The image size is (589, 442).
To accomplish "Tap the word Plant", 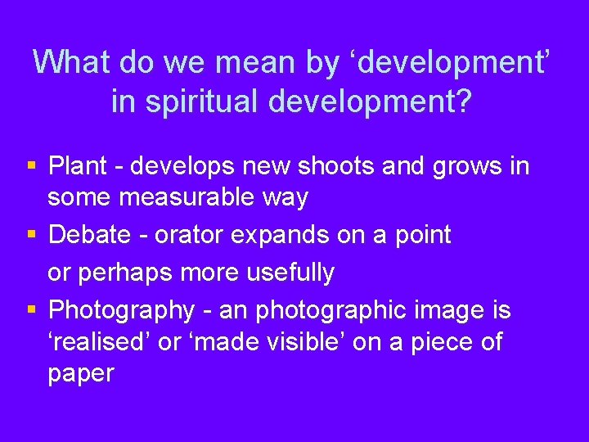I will click(x=78, y=166).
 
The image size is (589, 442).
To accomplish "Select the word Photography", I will click(x=121, y=310).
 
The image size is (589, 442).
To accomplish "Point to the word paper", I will click(x=80, y=372).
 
